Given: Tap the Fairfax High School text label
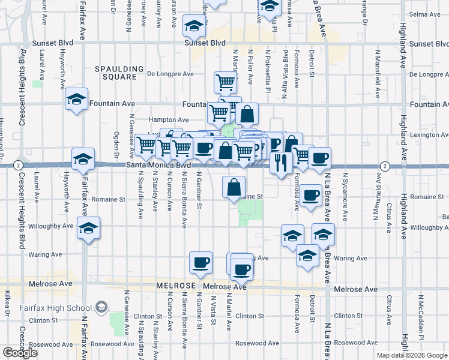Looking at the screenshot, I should click(62, 308).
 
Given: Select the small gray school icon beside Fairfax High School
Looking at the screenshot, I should click(101, 307).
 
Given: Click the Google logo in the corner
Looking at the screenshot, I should click(20, 353).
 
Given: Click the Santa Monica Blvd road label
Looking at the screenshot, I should click(158, 164).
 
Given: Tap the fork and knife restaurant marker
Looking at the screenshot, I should click(281, 161).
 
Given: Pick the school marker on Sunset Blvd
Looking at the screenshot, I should click(194, 26).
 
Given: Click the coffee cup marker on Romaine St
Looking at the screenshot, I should click(311, 195).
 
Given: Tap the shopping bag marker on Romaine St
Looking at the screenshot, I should click(234, 187).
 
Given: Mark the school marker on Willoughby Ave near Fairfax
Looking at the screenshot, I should click(89, 229).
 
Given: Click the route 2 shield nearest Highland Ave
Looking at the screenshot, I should click(385, 166).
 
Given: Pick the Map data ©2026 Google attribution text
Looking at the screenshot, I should click(412, 355).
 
